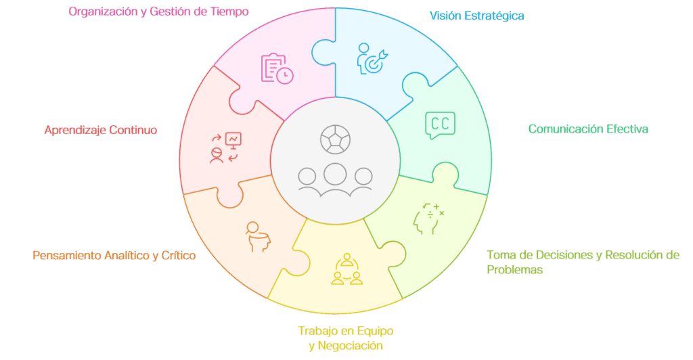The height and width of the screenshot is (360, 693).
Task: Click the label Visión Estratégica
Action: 477,16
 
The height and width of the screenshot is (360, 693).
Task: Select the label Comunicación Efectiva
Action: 588,129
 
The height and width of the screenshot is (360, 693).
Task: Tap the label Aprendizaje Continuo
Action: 101,130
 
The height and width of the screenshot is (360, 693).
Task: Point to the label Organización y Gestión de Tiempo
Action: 158,12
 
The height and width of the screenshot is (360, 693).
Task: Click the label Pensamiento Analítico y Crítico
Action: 114,255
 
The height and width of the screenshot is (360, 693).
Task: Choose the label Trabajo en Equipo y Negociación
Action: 346,338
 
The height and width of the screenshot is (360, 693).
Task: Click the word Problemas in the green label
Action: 514,269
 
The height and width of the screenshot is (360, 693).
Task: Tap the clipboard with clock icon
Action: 277,68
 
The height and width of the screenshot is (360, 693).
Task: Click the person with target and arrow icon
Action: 372,59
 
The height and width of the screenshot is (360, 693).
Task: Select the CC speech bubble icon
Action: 440,125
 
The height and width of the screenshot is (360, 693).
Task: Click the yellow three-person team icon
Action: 347,269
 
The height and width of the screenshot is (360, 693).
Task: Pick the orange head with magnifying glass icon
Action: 258,237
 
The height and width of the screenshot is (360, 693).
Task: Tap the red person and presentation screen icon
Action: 225,148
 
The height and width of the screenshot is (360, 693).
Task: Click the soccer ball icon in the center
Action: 336,139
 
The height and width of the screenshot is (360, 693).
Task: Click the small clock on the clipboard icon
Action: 285,75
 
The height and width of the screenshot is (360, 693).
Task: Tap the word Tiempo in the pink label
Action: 229,12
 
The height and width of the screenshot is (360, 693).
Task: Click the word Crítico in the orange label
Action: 179,255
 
